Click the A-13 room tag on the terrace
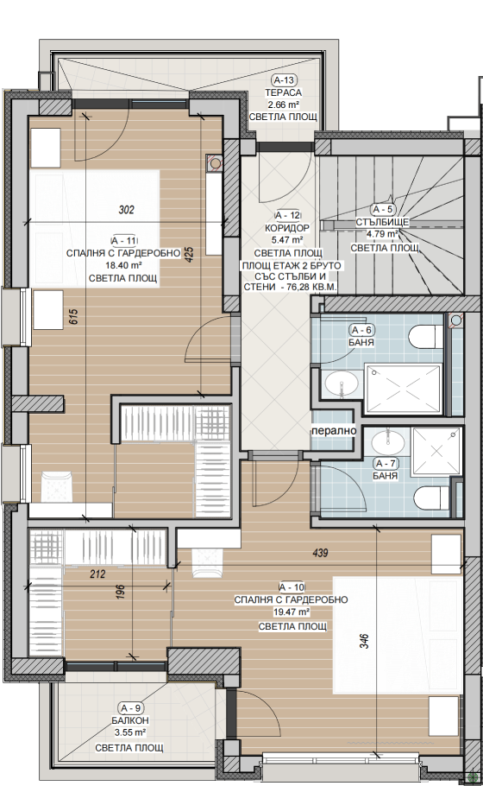coord(284,79)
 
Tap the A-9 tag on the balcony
coord(131,708)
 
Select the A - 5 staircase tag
coord(382,210)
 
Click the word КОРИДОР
coord(287,228)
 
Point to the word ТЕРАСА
coord(283,92)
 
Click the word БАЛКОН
coord(130,720)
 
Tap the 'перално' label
coord(334,431)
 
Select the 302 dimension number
coord(127,210)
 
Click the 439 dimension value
coord(320,553)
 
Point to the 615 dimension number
coord(72,317)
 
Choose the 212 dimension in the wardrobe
coord(97,574)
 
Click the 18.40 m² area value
coord(123,266)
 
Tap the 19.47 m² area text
coord(292,612)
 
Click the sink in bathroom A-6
coord(342,385)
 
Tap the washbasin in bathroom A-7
coord(388,441)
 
